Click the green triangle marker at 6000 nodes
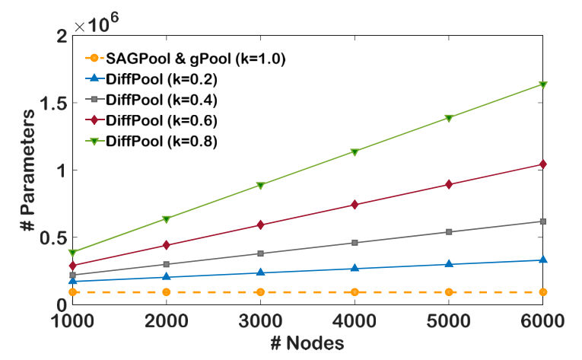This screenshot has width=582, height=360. [543, 84]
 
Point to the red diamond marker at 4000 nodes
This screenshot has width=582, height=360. [355, 205]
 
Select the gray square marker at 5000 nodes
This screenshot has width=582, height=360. [449, 232]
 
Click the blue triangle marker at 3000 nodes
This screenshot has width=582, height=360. [260, 272]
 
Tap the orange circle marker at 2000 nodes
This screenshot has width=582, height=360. [167, 292]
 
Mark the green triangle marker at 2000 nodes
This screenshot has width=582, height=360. [167, 219]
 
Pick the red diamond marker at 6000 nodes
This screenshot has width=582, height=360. [543, 164]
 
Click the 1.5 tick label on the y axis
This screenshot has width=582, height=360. [53, 103]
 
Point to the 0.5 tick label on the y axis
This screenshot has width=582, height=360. [53, 237]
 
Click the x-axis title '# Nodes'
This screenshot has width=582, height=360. [307, 344]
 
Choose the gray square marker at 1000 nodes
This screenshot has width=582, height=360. [73, 275]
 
